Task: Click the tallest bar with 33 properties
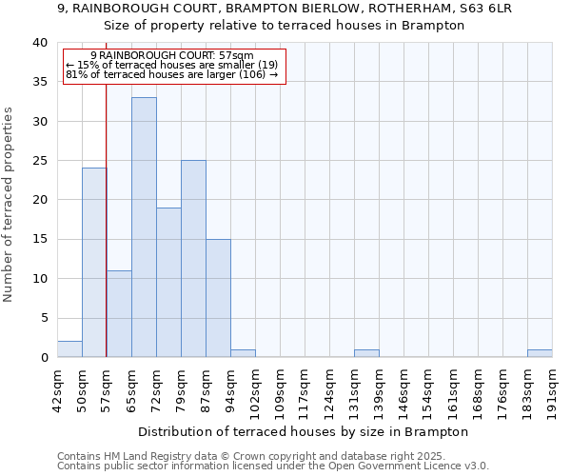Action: click(x=144, y=228)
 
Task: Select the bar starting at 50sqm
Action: click(x=94, y=263)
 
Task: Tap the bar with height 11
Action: click(x=119, y=314)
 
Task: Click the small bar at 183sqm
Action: click(x=540, y=353)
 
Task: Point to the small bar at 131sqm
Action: click(x=366, y=353)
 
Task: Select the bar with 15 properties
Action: click(x=218, y=298)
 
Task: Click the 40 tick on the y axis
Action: click(x=40, y=43)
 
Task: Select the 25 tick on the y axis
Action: click(x=40, y=161)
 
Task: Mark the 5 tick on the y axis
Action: click(x=44, y=318)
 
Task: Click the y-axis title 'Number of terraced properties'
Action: click(x=9, y=204)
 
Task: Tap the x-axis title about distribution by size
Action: click(x=304, y=432)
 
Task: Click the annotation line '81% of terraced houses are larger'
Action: click(x=171, y=74)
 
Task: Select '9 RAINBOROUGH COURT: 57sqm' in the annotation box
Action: click(x=172, y=56)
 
